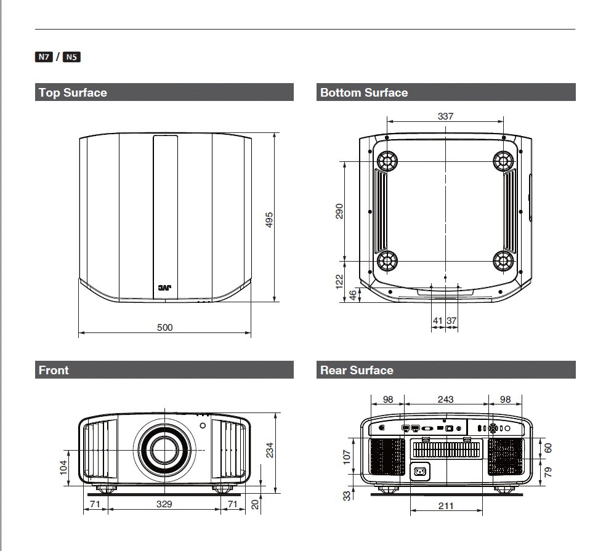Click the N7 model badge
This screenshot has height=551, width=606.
tap(43, 57)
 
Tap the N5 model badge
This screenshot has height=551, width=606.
tap(71, 57)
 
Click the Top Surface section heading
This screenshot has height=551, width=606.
tap(73, 93)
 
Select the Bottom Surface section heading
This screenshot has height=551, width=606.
tap(364, 93)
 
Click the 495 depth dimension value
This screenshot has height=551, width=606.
tap(269, 220)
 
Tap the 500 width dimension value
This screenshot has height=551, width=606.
tap(164, 328)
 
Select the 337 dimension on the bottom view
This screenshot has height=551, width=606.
tap(445, 116)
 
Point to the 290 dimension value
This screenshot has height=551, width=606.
tap(339, 211)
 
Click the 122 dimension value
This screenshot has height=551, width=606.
tap(339, 282)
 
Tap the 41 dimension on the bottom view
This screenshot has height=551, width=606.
tap(437, 320)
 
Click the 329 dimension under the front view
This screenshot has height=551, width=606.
tap(164, 504)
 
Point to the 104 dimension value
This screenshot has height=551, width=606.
tap(63, 466)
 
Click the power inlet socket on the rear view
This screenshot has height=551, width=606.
tap(420, 472)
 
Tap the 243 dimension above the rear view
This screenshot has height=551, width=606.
tap(445, 399)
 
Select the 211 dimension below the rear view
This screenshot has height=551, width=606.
tap(446, 505)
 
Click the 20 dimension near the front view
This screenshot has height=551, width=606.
tap(255, 504)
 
